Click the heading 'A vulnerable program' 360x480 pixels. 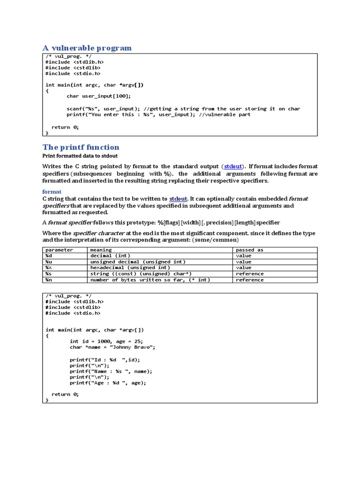[x=87, y=48]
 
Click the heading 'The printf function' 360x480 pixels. [x=81, y=147]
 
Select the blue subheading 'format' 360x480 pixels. [x=52, y=192]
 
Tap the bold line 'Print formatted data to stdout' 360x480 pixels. [x=80, y=156]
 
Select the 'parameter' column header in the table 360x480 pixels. [x=59, y=250]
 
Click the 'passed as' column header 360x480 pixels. [x=249, y=250]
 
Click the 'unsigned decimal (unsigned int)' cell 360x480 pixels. [x=138, y=262]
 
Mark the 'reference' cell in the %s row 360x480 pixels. [x=249, y=274]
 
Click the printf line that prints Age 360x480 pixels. [x=108, y=382]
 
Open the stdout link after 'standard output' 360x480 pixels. [x=233, y=166]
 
